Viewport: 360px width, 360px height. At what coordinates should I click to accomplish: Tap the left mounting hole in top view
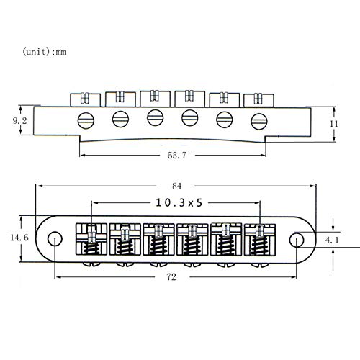tap(54, 238)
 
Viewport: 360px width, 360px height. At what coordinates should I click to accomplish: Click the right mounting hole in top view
tap(297, 238)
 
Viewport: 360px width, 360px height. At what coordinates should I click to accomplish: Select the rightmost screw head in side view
tap(257, 120)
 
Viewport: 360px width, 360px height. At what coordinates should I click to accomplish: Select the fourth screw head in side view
tap(189, 117)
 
